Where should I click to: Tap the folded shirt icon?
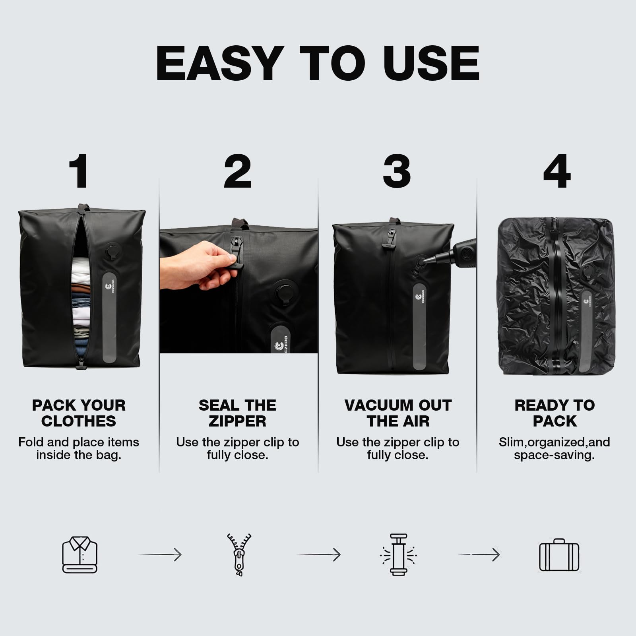(x=79, y=555)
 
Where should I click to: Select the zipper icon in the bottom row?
(x=239, y=555)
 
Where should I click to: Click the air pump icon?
(x=398, y=555)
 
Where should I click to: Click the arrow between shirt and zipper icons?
(x=160, y=555)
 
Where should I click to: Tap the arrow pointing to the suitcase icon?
(x=479, y=555)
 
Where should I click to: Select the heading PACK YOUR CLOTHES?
(x=79, y=413)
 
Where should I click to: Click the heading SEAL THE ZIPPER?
(x=238, y=413)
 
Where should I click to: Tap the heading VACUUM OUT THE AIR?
(x=398, y=413)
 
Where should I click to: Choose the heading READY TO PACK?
(x=555, y=413)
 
